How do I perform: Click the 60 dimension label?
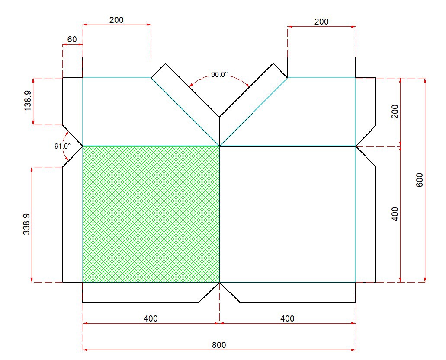(x=72, y=39)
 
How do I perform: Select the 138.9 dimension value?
(x=28, y=101)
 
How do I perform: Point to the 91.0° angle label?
(x=62, y=147)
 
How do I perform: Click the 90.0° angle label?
(x=219, y=74)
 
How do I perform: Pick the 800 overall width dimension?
(x=219, y=345)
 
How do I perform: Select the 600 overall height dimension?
(x=420, y=180)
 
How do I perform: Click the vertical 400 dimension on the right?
(x=395, y=214)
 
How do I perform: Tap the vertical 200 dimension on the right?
(x=395, y=112)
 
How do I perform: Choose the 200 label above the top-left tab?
(x=116, y=20)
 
